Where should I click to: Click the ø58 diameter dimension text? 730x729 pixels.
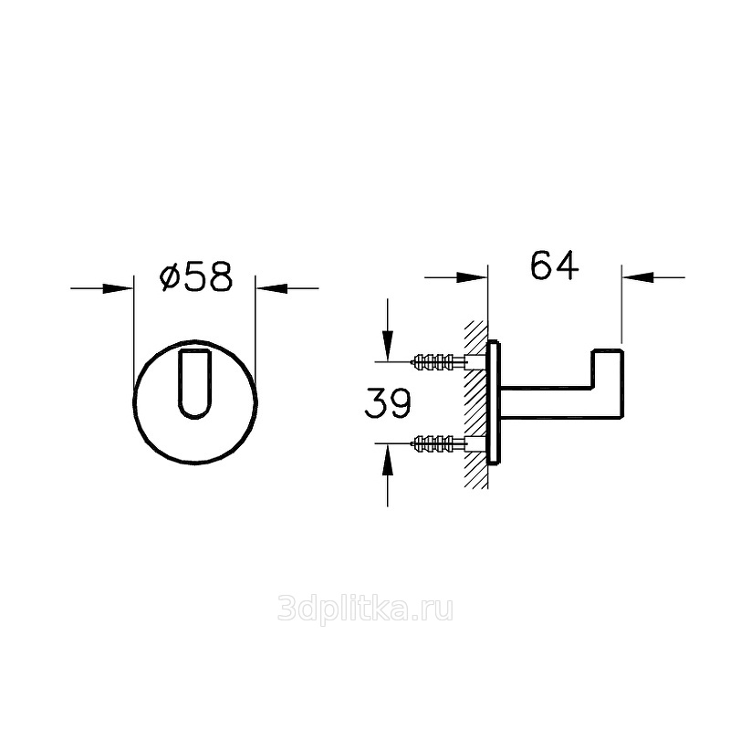[195, 278]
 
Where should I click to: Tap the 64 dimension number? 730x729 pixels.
[555, 266]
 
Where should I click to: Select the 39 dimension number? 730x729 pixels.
[387, 403]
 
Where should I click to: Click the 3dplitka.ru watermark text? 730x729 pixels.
[365, 609]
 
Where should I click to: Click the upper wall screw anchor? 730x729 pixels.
[439, 360]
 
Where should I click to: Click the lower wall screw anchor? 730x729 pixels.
[439, 443]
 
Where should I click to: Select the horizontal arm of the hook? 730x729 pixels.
[546, 402]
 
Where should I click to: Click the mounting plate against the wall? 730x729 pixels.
[494, 402]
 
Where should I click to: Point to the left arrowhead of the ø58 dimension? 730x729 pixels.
[118, 288]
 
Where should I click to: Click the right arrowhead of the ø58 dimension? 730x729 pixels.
[271, 288]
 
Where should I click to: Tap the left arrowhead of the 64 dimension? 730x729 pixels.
[472, 277]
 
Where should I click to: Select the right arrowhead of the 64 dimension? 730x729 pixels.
[637, 277]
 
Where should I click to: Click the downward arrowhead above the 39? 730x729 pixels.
[387, 346]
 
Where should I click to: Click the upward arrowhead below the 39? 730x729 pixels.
[387, 459]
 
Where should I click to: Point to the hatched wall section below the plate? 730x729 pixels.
[475, 475]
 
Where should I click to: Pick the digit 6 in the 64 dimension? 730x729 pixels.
[541, 266]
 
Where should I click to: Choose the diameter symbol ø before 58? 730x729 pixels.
[170, 278]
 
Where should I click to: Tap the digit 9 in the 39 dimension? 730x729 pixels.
[401, 403]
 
